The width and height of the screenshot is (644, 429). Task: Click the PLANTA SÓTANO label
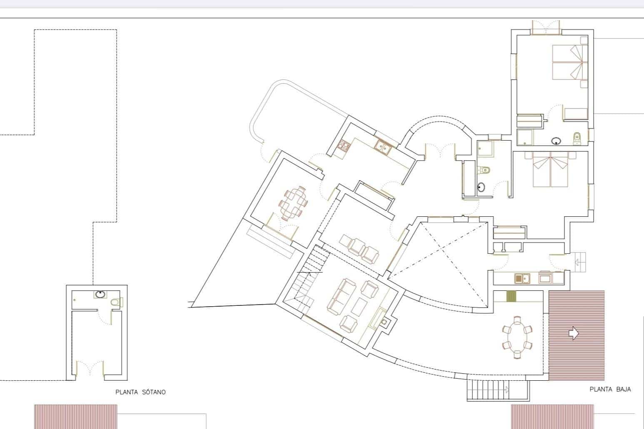click(x=140, y=392)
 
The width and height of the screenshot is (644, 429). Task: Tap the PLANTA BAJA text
click(x=610, y=389)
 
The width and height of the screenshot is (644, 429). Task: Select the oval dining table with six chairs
click(x=517, y=337)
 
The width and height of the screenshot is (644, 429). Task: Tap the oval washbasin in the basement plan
click(x=100, y=295)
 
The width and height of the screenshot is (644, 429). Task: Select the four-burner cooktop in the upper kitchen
click(x=344, y=146)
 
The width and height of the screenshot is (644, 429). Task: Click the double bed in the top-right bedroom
click(x=567, y=62)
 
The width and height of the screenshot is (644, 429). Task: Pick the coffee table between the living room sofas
click(x=359, y=307)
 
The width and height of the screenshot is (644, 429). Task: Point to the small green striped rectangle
click(x=511, y=296)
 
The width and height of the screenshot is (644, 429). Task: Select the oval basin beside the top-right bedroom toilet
click(x=556, y=141)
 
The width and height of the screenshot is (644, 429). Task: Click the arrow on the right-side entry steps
click(x=578, y=262)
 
